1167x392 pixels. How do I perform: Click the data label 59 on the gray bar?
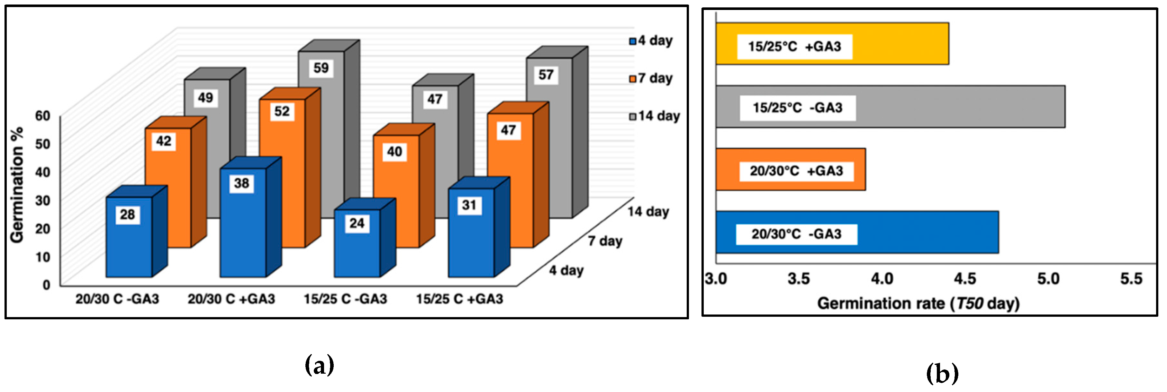pyautogui.click(x=321, y=68)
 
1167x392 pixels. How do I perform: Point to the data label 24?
pyautogui.click(x=357, y=223)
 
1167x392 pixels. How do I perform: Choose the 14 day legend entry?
pyautogui.click(x=654, y=116)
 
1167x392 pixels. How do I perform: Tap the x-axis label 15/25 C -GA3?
pyautogui.click(x=345, y=299)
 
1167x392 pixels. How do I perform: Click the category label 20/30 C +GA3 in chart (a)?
pyautogui.click(x=231, y=299)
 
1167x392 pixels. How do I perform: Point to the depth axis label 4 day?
pyautogui.click(x=566, y=270)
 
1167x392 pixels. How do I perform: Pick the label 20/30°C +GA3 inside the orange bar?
pyautogui.click(x=796, y=171)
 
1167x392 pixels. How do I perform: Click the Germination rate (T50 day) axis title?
pyautogui.click(x=918, y=303)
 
